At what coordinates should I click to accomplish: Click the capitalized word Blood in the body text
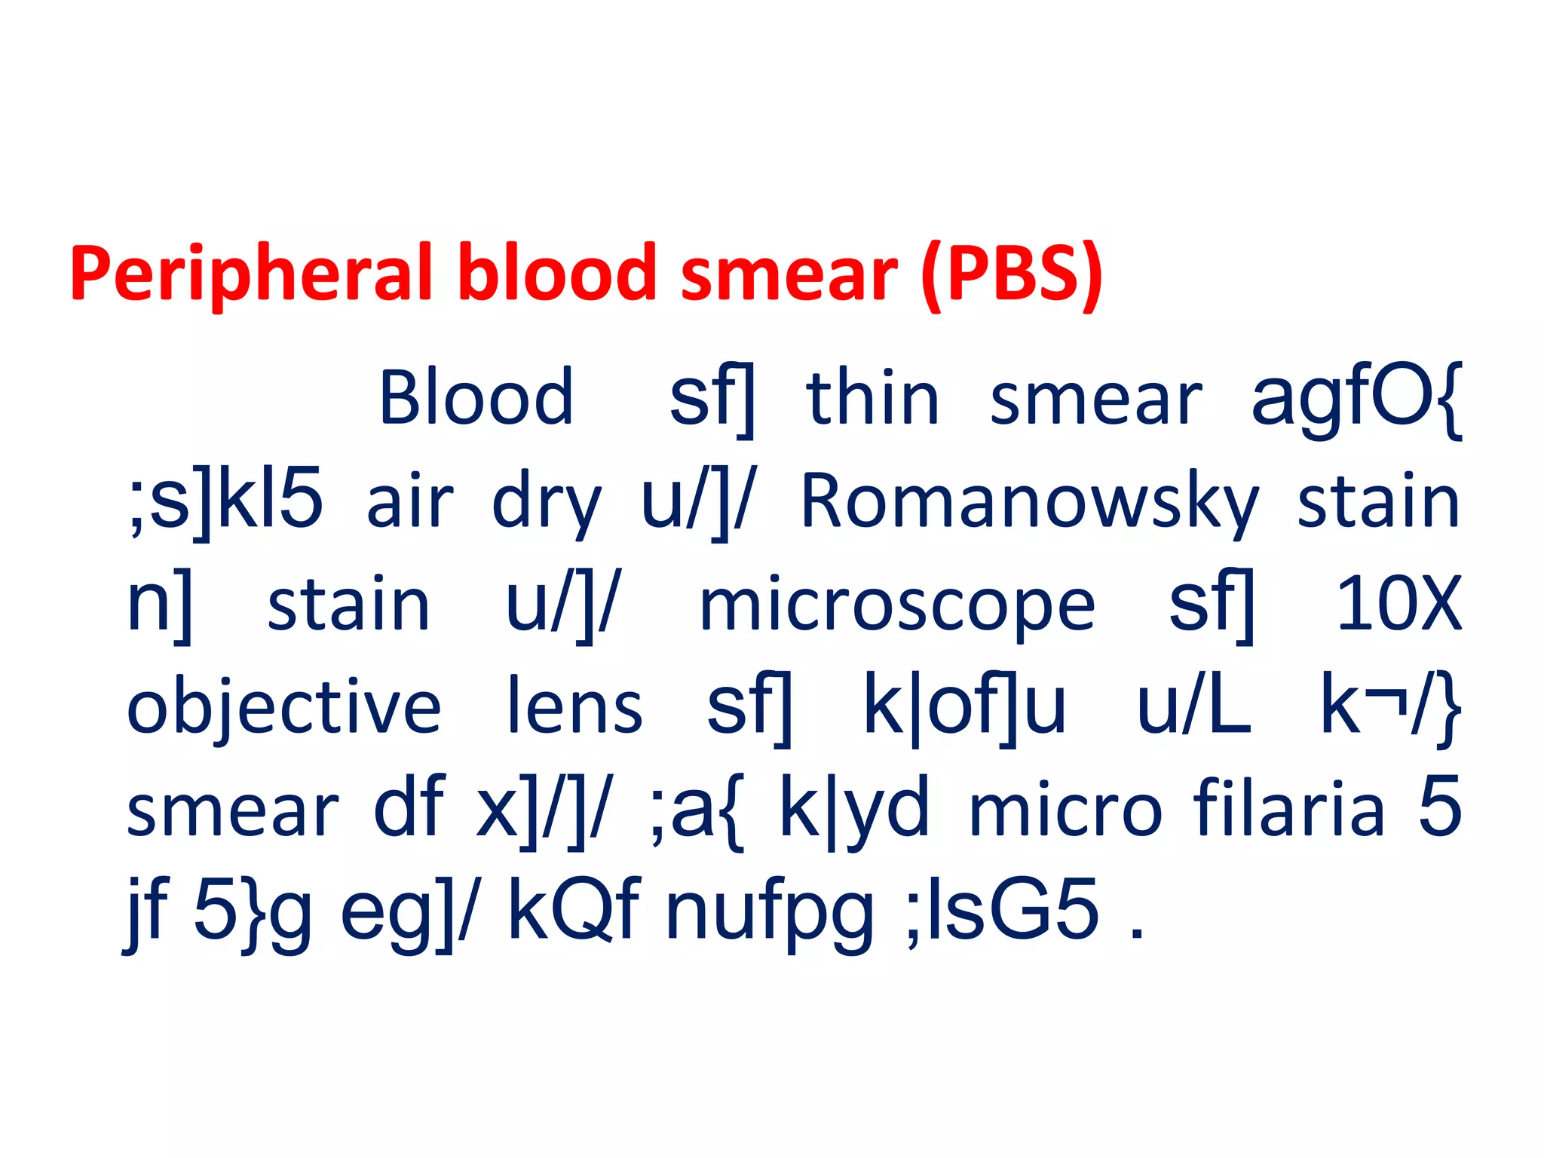[476, 397]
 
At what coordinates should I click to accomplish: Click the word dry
[546, 505]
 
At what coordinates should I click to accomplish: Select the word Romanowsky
[1029, 502]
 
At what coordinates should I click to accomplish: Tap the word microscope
[896, 607]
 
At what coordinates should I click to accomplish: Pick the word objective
[283, 709]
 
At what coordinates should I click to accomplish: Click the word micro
[1065, 810]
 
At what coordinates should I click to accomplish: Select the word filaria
[1288, 808]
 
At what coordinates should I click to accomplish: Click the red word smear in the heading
[789, 273]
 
